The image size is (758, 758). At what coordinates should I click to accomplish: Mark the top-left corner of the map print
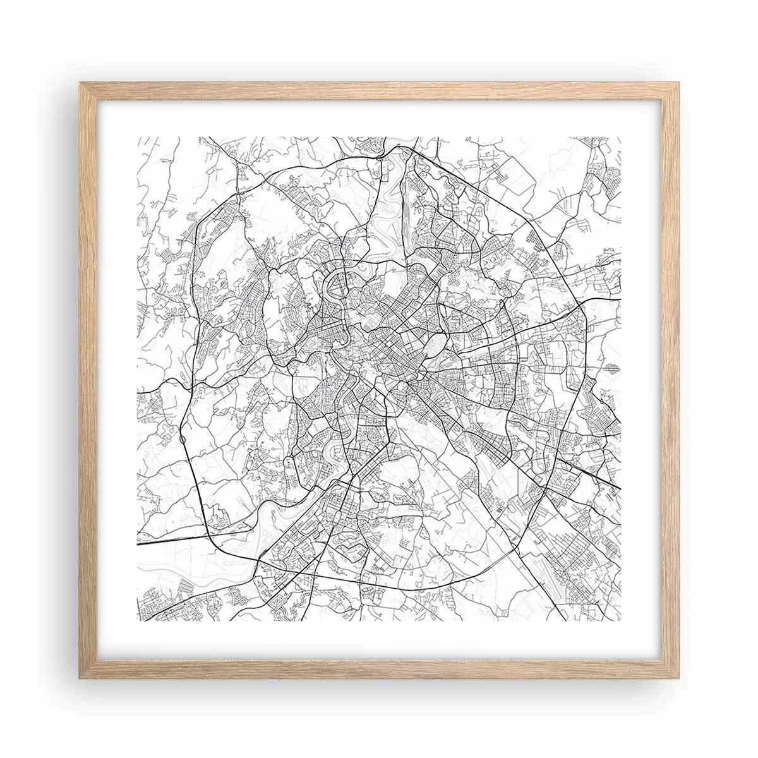(x=137, y=136)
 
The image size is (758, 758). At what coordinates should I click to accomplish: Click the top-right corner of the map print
(x=622, y=136)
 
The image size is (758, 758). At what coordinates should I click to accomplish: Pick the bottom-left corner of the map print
(x=137, y=621)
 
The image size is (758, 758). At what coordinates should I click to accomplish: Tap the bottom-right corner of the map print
(x=622, y=621)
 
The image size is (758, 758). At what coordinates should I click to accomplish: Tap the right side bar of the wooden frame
(x=670, y=379)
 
